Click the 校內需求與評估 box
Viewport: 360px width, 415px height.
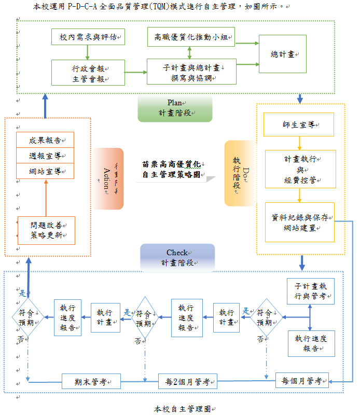pos(88,37)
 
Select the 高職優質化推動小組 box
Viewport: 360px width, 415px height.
pos(191,37)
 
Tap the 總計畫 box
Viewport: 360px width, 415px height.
pos(282,54)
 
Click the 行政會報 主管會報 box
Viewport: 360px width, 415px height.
pos(88,72)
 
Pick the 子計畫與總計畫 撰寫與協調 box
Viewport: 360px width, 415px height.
pos(191,72)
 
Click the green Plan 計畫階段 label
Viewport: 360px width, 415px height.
pos(175,108)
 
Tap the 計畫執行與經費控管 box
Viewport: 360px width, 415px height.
pos(300,169)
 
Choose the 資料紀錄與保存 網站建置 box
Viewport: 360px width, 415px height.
pos(300,222)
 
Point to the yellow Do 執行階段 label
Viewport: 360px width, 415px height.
pos(238,173)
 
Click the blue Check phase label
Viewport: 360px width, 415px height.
pos(177,257)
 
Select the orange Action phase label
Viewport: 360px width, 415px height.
pos(108,178)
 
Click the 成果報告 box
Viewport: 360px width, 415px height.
pos(45,140)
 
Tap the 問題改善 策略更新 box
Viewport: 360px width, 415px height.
pos(46,230)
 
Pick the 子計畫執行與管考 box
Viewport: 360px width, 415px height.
pos(311,292)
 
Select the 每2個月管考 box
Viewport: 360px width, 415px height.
pos(187,382)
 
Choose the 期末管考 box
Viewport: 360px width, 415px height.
pos(91,382)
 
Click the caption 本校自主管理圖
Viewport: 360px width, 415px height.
pos(182,409)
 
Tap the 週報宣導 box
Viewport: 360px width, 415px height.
pos(45,155)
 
